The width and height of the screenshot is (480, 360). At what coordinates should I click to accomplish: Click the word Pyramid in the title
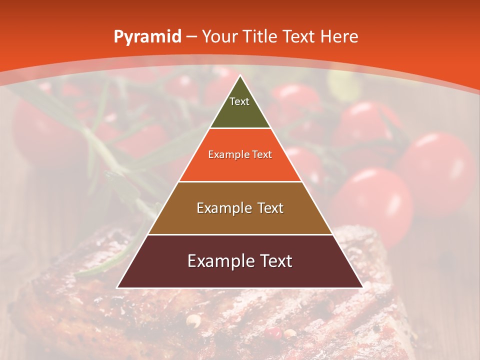click(147, 37)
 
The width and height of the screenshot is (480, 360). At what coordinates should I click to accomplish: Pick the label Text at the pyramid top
click(239, 101)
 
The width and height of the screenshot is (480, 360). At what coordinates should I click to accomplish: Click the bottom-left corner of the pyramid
click(117, 287)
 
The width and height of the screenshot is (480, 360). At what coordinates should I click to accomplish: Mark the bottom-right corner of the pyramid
click(362, 287)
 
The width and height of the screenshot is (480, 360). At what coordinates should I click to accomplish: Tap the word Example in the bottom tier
click(218, 261)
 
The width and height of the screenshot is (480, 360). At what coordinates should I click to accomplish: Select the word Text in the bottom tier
click(273, 261)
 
